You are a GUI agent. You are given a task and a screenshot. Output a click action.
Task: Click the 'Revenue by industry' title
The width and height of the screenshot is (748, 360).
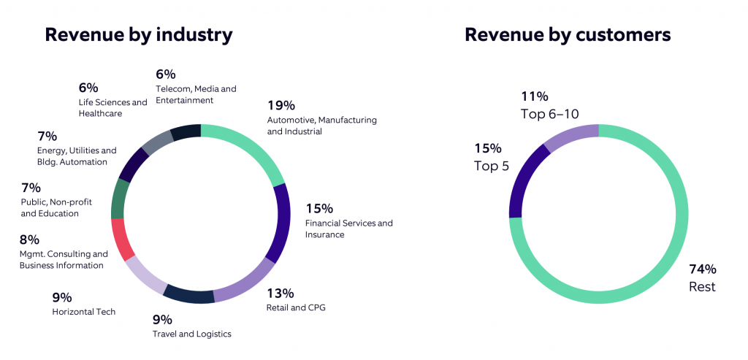[139, 34]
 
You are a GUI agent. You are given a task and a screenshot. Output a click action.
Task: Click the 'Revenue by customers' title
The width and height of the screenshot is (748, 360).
[568, 34]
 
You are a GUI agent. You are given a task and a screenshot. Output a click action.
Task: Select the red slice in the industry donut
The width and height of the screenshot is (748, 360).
[122, 239]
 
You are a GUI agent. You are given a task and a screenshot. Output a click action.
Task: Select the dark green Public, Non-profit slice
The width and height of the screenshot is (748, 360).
[120, 199]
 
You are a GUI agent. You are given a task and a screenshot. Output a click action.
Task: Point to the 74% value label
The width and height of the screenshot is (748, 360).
[702, 269]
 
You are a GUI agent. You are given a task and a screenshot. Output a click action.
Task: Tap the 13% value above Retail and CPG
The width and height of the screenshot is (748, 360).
[280, 293]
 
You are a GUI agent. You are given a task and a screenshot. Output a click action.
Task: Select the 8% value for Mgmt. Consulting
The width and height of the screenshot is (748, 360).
[29, 239]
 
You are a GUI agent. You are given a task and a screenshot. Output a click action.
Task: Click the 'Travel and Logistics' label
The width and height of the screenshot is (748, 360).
[191, 334]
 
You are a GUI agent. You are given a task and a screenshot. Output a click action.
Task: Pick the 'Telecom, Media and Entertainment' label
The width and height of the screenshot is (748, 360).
[196, 94]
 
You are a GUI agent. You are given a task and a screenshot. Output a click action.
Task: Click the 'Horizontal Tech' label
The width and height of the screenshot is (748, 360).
[83, 312]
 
